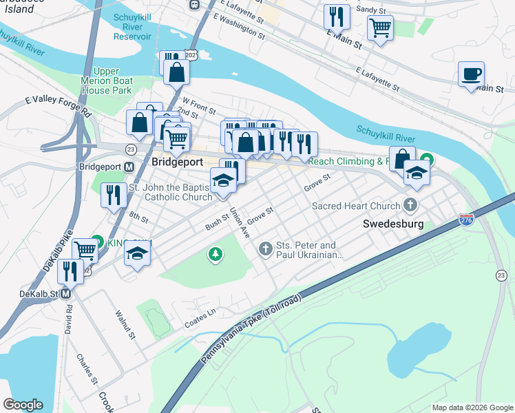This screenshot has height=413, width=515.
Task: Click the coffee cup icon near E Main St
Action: tap(471, 74)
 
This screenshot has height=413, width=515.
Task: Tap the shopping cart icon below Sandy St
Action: tap(380, 28)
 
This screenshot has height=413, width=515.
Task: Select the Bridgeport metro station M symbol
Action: tap(128, 167)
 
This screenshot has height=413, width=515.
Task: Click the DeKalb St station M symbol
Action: tap(66, 293)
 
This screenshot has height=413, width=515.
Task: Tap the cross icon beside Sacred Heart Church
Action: tap(410, 204)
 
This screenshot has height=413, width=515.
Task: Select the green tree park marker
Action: tap(216, 255)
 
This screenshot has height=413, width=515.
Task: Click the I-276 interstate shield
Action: tap(466, 220)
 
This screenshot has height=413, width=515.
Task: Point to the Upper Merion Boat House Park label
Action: tap(103, 81)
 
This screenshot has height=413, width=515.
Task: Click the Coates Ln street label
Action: tap(200, 318)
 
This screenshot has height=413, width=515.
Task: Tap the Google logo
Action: tap(23, 405)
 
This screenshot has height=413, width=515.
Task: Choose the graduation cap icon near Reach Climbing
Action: tap(417, 172)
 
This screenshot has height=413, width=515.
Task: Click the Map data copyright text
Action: tap(472, 407)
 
